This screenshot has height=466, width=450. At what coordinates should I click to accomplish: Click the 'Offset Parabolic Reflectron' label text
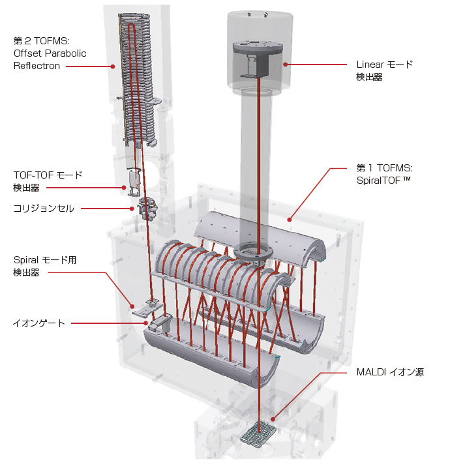[x=50, y=59]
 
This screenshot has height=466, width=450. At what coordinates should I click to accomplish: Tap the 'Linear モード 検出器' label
[x=385, y=70]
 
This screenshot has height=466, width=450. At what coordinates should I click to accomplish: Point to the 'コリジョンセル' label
[x=44, y=209]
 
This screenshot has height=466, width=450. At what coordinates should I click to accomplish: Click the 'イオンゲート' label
[x=39, y=323]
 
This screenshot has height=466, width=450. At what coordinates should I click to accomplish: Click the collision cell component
[x=147, y=209]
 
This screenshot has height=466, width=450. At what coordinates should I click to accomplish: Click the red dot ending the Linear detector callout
[x=286, y=64]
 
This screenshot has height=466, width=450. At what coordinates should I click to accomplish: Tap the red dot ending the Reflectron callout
[x=112, y=66]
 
